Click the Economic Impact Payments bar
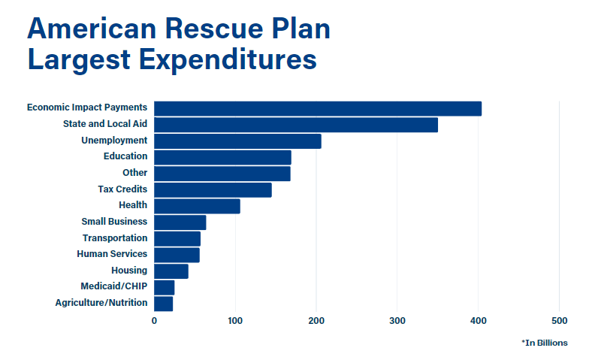(318, 108)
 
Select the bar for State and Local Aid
(296, 125)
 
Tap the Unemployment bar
(237, 141)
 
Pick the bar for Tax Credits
(213, 190)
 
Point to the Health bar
(197, 206)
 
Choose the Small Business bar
(180, 222)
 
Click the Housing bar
(171, 271)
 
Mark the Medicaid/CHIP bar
(164, 287)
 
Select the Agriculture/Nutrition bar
(163, 304)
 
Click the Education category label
(125, 156)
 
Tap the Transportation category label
(115, 238)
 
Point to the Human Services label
(112, 254)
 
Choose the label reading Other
(135, 173)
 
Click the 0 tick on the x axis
(154, 321)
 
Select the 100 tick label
(235, 321)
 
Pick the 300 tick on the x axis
(397, 321)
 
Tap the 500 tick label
(559, 321)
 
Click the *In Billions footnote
(545, 343)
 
